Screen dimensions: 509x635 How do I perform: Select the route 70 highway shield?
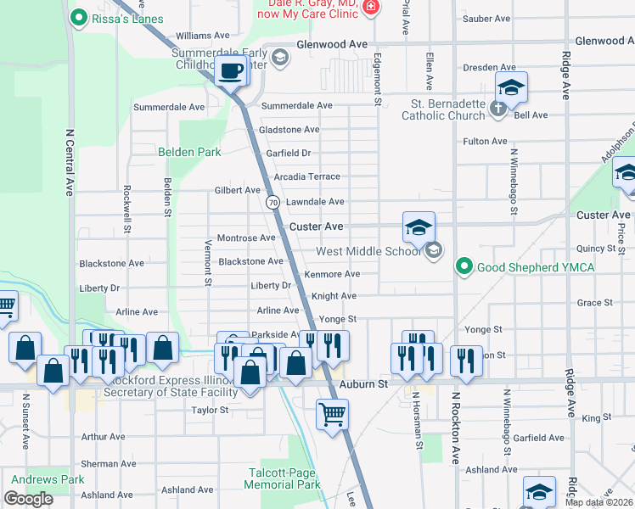click(x=273, y=203)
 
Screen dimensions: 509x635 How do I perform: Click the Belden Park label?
click(x=189, y=152)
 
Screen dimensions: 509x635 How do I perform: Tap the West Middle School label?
click(x=368, y=251)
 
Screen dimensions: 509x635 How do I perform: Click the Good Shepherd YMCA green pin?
click(x=464, y=267)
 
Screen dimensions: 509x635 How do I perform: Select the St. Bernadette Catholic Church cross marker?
click(x=498, y=109)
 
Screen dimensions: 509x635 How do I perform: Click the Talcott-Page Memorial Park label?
click(x=282, y=478)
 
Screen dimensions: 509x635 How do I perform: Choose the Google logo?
click(x=28, y=499)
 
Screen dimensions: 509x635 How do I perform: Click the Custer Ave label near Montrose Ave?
click(x=316, y=227)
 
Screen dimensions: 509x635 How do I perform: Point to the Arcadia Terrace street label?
click(x=306, y=177)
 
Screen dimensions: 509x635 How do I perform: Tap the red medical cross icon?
click(x=370, y=8)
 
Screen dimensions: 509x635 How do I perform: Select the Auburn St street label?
click(x=363, y=384)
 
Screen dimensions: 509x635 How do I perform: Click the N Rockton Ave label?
click(x=455, y=426)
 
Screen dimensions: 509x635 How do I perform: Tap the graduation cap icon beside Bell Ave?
click(x=512, y=87)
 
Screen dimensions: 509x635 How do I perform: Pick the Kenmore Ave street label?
click(x=332, y=274)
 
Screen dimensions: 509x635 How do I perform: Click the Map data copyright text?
click(x=598, y=502)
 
